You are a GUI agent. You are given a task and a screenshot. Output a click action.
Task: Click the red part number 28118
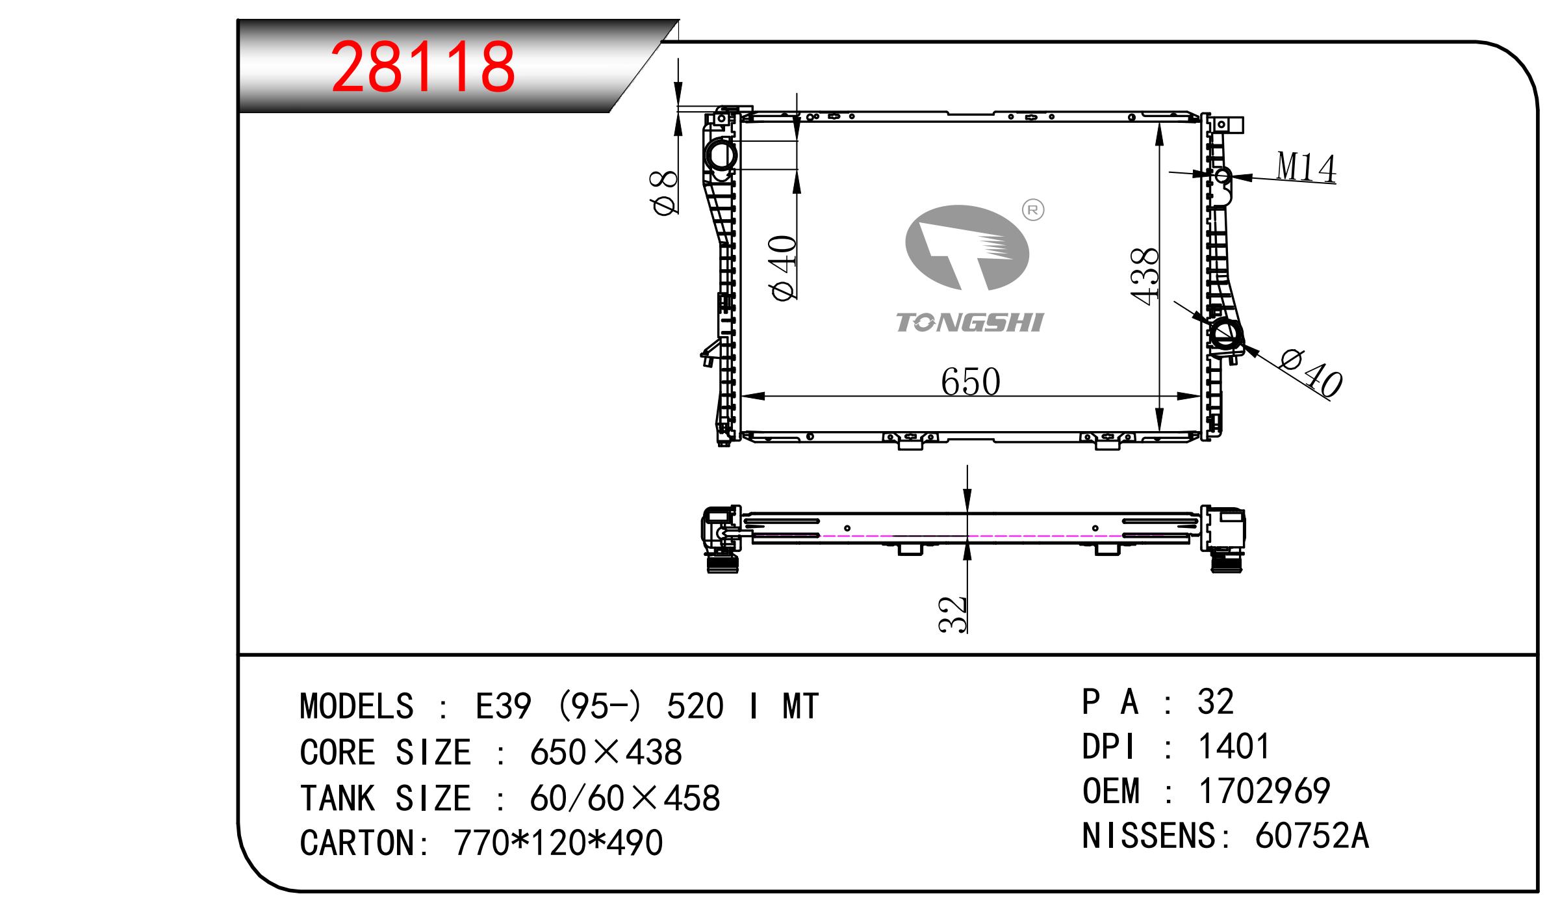pyautogui.click(x=423, y=67)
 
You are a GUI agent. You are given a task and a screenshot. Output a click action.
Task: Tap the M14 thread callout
pyautogui.click(x=1305, y=167)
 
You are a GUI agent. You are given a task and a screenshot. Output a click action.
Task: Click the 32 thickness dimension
pyautogui.click(x=953, y=614)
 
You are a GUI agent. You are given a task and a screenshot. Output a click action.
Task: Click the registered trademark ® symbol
pyautogui.click(x=1033, y=210)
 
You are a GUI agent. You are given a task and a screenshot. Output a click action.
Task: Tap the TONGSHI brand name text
pyautogui.click(x=969, y=323)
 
